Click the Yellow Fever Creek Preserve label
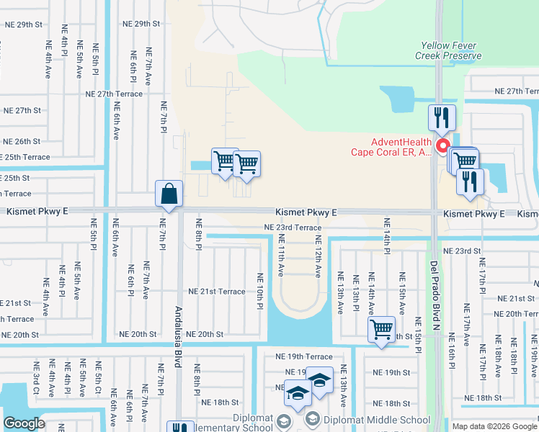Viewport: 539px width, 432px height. [450, 50]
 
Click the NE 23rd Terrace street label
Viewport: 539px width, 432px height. [293, 227]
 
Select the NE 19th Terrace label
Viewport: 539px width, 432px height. [304, 356]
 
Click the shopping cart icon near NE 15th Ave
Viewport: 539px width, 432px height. [381, 330]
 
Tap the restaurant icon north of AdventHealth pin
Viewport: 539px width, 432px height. [441, 118]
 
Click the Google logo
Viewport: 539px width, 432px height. [24, 423]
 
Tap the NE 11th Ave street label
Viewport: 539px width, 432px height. [281, 258]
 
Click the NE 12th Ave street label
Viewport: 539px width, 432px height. [318, 258]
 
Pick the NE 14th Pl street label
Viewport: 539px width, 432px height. [387, 235]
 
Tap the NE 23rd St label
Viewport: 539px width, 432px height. [462, 251]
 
